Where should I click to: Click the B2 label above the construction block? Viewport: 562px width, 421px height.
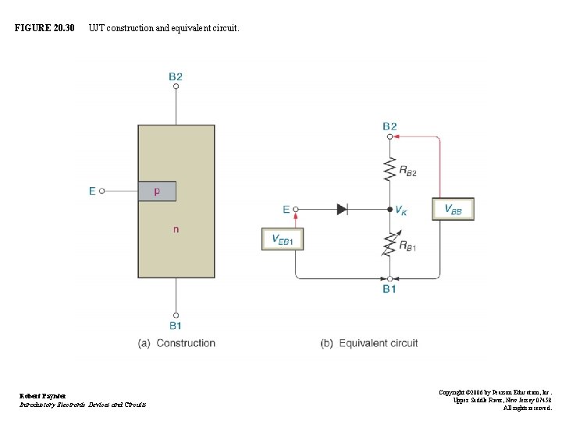pos(176,76)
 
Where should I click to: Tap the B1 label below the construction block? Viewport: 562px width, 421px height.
pos(176,325)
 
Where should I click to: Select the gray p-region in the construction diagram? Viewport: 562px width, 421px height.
pos(157,191)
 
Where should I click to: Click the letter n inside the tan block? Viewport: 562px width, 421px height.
pos(176,229)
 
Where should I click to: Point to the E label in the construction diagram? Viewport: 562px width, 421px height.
pos(92,191)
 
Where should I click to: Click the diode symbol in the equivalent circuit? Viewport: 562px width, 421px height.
pos(342,209)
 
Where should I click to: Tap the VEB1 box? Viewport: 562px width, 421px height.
pos(282,239)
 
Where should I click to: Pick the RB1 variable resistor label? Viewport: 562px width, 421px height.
pos(407,246)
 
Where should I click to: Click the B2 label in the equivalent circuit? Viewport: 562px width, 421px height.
pos(389,126)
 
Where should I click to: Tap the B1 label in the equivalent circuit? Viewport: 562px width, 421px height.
pos(389,289)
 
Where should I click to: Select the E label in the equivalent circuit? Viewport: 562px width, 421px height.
pos(286,209)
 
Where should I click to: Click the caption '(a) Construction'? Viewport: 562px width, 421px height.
pos(176,343)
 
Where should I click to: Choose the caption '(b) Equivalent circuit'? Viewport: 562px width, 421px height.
pos(369,343)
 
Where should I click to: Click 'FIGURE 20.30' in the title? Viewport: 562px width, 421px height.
pos(44,28)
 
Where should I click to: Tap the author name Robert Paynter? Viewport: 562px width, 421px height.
pos(43,396)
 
